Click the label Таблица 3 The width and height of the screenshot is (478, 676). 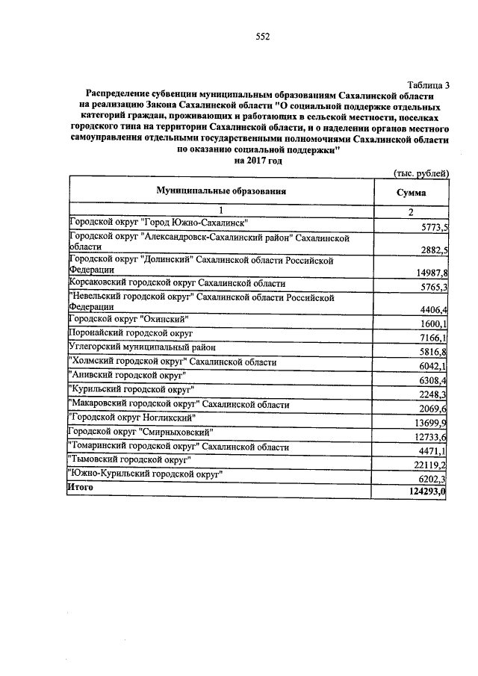(x=429, y=85)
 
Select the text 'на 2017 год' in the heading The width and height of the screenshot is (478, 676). (x=258, y=160)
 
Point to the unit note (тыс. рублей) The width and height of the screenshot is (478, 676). (x=420, y=173)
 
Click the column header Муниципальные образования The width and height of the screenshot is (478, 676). (x=222, y=191)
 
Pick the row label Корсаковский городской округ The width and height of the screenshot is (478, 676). (x=177, y=285)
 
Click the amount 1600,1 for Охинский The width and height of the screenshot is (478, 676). (x=432, y=323)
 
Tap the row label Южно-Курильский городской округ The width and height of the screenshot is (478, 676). (x=146, y=474)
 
